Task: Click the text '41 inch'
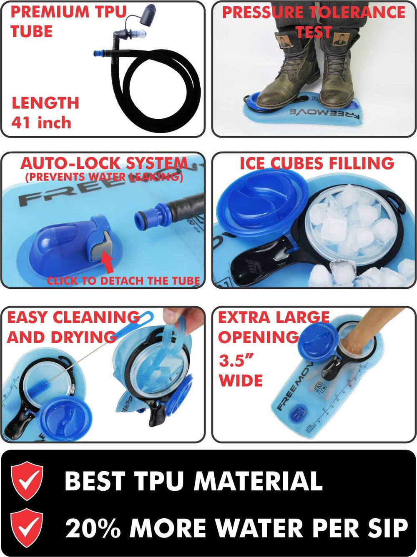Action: (x=41, y=122)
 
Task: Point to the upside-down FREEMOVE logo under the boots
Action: (x=325, y=115)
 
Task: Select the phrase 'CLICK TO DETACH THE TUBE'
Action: (x=123, y=281)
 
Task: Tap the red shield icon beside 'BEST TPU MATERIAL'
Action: (x=27, y=481)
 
